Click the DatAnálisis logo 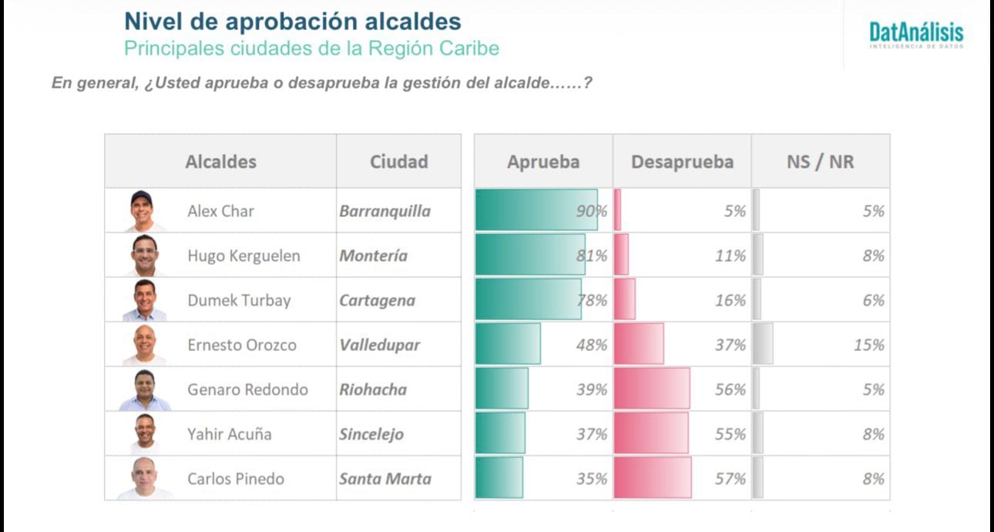coord(916,35)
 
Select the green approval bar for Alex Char coord(536,210)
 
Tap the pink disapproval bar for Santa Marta coord(652,478)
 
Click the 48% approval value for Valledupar coord(591,345)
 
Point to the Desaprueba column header coord(682,162)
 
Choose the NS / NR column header coord(820,162)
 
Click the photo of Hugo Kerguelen coord(144,255)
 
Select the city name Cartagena coord(377,300)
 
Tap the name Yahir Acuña coord(229,434)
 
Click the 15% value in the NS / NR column coord(868,345)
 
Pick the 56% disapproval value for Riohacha coord(730,390)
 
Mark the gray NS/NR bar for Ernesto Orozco coord(763,344)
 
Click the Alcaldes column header coord(220,162)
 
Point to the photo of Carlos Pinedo coord(144,478)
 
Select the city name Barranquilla coord(385,211)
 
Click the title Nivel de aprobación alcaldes coord(293,21)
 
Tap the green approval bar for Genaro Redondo coord(502,389)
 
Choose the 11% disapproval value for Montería coord(730,256)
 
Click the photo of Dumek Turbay coord(144,299)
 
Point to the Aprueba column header coord(543,162)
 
